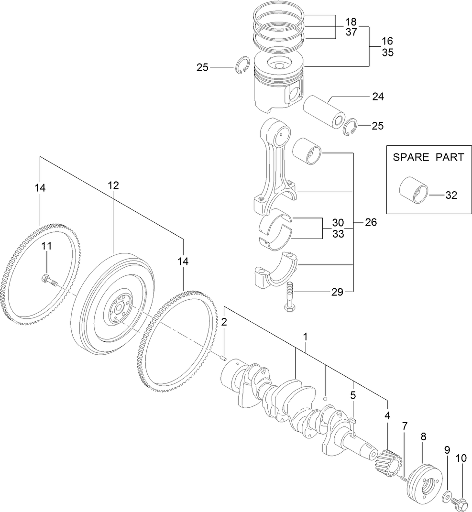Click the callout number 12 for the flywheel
[x=113, y=185]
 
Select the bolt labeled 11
[x=49, y=281]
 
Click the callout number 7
[x=405, y=425]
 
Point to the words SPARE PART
[x=428, y=157]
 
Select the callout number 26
[x=370, y=222]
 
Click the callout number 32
[x=451, y=195]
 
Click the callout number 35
[x=387, y=53]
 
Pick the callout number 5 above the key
[x=353, y=395]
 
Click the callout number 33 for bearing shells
[x=338, y=234]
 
